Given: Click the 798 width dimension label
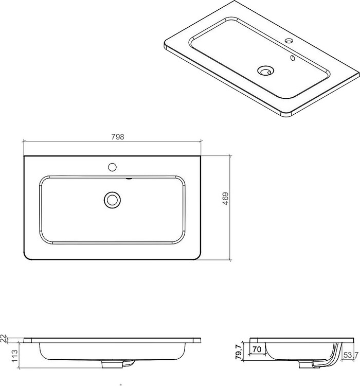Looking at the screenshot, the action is pyautogui.click(x=118, y=136).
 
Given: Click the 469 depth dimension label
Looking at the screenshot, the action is pyautogui.click(x=225, y=199).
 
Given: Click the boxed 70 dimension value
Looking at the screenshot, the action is pyautogui.click(x=257, y=349).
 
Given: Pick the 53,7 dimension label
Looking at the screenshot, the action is pyautogui.click(x=351, y=355).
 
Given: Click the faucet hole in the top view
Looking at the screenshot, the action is pyautogui.click(x=112, y=167).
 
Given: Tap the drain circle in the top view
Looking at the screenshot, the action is pyautogui.click(x=112, y=200).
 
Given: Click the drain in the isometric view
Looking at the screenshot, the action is pyautogui.click(x=266, y=71).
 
